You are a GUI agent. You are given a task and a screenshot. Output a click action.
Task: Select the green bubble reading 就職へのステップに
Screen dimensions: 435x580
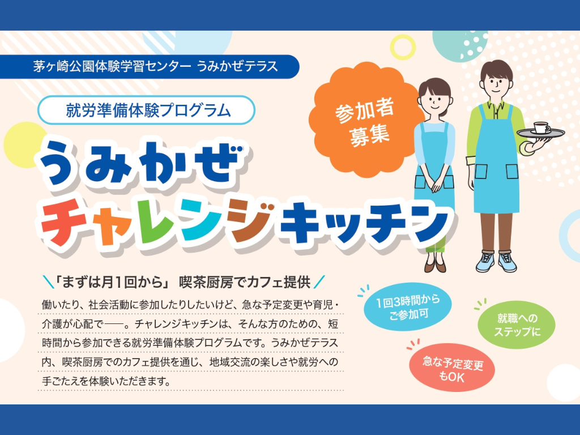click(x=517, y=326)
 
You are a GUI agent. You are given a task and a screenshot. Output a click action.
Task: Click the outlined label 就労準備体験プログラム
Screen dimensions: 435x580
click(x=146, y=110)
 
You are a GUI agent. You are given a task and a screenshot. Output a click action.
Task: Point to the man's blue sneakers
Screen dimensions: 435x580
click(x=496, y=262)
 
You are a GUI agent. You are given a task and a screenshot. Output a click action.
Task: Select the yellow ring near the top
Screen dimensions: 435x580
click(x=403, y=47)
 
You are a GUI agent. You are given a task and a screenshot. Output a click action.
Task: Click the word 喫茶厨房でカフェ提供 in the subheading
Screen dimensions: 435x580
click(x=245, y=282)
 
